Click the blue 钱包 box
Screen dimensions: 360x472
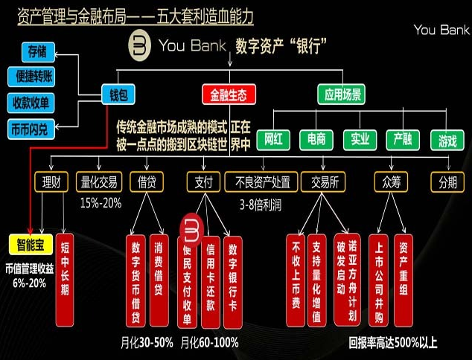point(121,94)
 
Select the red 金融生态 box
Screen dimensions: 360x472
point(229,94)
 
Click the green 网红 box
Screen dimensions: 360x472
point(272,139)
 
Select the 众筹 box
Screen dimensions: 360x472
point(391,181)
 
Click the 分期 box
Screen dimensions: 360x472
point(448,181)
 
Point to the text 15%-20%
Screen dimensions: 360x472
point(100,202)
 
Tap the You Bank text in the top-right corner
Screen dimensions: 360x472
point(441,30)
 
